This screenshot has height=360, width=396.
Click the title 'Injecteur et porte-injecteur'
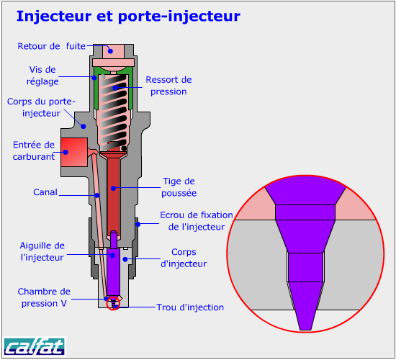tap(128, 17)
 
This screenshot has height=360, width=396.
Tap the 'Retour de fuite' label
tap(52, 46)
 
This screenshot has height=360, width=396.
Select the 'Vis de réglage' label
tap(42, 76)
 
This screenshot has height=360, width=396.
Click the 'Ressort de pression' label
tap(168, 86)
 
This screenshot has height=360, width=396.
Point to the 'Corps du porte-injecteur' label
tap(41, 107)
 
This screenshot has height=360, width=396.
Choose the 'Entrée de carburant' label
tap(34, 150)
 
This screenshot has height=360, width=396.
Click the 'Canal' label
tap(45, 192)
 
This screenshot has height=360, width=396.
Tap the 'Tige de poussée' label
tap(179, 187)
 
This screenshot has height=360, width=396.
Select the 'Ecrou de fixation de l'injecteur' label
tap(197, 221)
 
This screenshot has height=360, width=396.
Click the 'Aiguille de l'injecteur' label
tap(42, 251)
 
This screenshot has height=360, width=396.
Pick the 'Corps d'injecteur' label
tap(184, 258)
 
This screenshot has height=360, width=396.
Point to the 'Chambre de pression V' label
tap(44, 297)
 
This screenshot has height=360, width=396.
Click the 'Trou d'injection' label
tap(190, 307)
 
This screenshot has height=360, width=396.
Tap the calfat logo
tap(35, 346)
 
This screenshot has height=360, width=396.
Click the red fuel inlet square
tap(74, 152)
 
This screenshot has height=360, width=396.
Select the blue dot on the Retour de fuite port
tap(110, 51)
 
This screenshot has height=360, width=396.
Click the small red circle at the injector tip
tap(113, 303)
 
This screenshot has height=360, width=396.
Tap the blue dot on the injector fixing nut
tap(138, 224)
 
